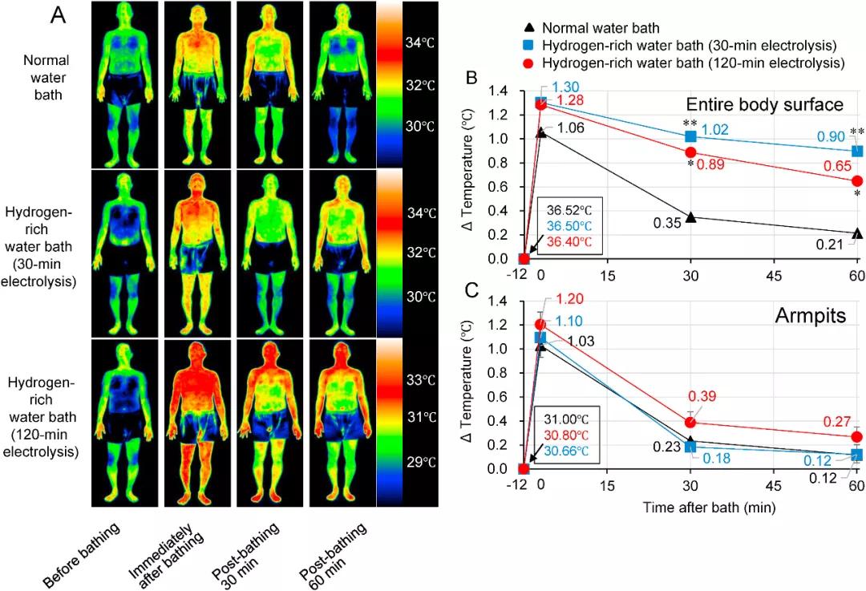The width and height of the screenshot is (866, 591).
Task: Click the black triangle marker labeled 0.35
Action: (691, 217)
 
